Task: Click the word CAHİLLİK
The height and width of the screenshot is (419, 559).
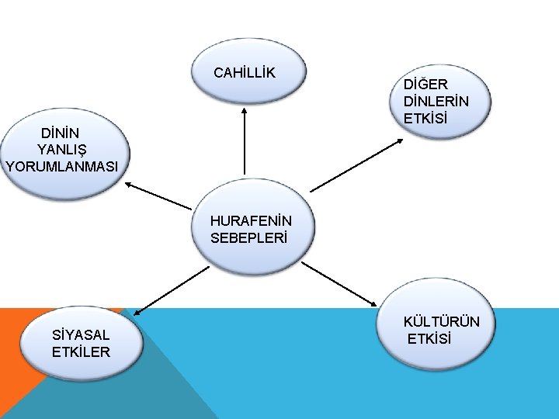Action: pos(245,74)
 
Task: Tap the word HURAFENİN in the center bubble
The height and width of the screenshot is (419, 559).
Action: pos(251,221)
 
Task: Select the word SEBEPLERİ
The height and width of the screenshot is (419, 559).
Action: pos(248,237)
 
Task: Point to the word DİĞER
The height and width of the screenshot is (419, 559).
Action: pos(425,85)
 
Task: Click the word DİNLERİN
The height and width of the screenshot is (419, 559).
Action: pos(436,102)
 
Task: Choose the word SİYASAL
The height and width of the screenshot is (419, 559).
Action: pos(81,335)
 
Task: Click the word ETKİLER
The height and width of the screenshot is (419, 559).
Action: pos(81,351)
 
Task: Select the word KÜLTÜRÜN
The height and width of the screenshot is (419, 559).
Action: pos(441,322)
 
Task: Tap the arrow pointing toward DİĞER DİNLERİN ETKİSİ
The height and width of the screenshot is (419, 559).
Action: pos(356,164)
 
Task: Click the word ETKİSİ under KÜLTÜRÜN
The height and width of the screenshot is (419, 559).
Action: pos(429,339)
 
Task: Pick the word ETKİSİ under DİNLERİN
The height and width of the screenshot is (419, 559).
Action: pos(425,119)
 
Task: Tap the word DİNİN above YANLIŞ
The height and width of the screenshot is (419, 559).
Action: pos(61,132)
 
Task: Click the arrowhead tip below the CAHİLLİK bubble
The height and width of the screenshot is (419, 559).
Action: pos(245,109)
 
